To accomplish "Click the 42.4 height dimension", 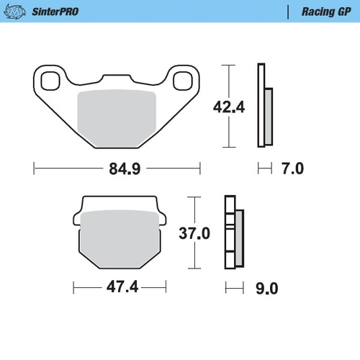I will (229, 107).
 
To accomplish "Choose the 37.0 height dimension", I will (195, 233).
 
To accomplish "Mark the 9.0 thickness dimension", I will (268, 288).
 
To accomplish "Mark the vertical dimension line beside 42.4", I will (229, 79).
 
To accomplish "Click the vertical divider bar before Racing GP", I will (289, 12).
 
